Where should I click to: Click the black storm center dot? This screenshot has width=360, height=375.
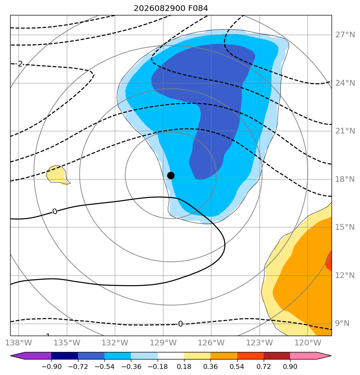coord(171,176)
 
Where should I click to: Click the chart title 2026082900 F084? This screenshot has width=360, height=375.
coord(171,9)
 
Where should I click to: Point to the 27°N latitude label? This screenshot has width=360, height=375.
coord(345,35)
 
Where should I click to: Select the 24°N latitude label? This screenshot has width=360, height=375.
coord(345,83)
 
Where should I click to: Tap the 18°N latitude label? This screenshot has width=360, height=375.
coord(345,179)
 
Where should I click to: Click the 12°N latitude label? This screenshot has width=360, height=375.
coord(345,275)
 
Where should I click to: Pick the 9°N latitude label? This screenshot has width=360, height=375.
coord(342,323)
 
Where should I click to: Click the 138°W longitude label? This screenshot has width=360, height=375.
coord(18,343)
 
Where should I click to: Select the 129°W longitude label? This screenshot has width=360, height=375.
coord(163,343)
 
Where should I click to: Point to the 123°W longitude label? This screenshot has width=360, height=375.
coord(260,343)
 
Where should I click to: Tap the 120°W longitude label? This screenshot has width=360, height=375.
coord(308,343)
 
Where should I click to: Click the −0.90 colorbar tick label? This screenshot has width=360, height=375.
coord(52,366)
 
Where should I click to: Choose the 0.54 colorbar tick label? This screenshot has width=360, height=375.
coord(237,366)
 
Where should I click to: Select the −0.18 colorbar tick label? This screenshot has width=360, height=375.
coord(158,366)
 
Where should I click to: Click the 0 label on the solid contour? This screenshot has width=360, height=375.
coord(55,212)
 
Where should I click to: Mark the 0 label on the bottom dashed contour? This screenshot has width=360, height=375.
coord(180,324)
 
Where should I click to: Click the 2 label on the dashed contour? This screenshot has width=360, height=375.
coord(20,64)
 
